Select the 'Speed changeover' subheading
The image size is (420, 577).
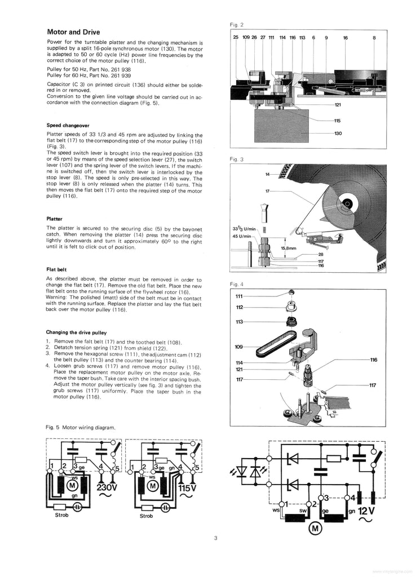pyautogui.click(x=67, y=125)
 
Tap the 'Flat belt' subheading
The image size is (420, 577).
pyautogui.click(x=56, y=269)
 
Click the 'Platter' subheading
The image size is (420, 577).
pyautogui.click(x=54, y=218)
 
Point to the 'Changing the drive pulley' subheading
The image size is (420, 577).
pyautogui.click(x=76, y=332)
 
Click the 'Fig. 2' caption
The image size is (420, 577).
pyautogui.click(x=237, y=25)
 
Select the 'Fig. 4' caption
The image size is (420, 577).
pyautogui.click(x=237, y=284)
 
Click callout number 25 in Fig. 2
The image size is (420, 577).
pyautogui.click(x=236, y=38)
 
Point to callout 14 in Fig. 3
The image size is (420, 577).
pyautogui.click(x=268, y=174)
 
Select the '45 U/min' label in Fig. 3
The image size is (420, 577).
pyautogui.click(x=244, y=236)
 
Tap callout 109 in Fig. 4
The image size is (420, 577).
pyautogui.click(x=238, y=347)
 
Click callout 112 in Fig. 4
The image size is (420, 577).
pyautogui.click(x=239, y=308)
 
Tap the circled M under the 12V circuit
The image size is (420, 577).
pyautogui.click(x=313, y=528)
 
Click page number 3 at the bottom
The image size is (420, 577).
pyautogui.click(x=215, y=539)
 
